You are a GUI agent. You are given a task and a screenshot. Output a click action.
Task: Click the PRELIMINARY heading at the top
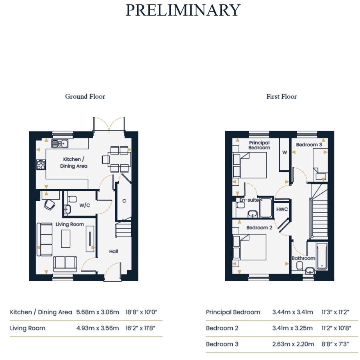[x=183, y=10]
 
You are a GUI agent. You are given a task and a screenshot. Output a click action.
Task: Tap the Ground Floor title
[x=85, y=96]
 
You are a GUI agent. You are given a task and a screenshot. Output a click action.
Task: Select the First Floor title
[x=282, y=96]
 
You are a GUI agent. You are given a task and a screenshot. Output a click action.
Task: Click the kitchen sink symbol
[x=60, y=144]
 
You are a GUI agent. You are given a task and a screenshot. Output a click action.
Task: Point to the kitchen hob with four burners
[x=41, y=165]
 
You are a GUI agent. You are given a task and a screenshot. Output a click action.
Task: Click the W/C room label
[x=85, y=205]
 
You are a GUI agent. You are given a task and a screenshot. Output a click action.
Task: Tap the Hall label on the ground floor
[x=114, y=252]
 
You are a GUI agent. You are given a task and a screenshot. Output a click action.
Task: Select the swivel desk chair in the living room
[x=49, y=204]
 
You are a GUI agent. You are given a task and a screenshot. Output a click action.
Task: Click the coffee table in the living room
[x=66, y=239]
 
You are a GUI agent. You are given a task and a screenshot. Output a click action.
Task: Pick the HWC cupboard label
[x=282, y=209]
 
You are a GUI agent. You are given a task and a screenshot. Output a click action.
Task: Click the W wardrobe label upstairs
[x=285, y=152]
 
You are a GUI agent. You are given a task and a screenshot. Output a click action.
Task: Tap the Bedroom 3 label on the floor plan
[x=309, y=145]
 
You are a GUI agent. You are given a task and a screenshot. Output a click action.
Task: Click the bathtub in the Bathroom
[x=322, y=256]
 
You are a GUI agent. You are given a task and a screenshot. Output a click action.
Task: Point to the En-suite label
[x=249, y=200]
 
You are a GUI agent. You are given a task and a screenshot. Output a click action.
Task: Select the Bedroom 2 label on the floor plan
[x=259, y=228]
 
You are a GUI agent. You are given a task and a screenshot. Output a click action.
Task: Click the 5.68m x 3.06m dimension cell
[x=98, y=312]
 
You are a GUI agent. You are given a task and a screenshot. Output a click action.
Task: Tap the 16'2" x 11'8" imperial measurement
[x=140, y=328]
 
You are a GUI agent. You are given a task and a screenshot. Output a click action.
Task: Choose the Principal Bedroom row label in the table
[x=233, y=312]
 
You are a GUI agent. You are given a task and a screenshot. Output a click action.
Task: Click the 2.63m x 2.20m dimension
[x=293, y=344]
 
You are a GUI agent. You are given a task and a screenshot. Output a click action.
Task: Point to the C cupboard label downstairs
[x=124, y=201]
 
